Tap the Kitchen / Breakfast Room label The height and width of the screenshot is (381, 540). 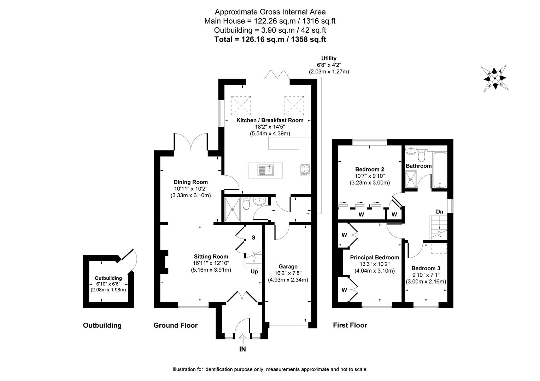(270, 120)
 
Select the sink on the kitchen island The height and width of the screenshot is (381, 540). (265, 170)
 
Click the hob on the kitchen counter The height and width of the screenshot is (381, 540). (305, 170)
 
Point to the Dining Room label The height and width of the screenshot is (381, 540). (190, 182)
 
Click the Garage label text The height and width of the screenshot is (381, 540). (288, 266)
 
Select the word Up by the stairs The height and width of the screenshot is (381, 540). (254, 272)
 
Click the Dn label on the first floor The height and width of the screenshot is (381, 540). (439, 212)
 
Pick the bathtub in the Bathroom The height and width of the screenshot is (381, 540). (439, 169)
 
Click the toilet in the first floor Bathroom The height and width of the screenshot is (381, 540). (421, 155)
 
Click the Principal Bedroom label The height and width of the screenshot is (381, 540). (374, 258)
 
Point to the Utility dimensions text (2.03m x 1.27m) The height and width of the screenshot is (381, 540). (329, 72)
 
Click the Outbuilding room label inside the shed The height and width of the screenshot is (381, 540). (108, 278)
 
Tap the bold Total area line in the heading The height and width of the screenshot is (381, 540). (270, 40)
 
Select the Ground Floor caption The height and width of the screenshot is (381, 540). (175, 325)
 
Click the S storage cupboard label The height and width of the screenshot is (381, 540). (253, 238)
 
